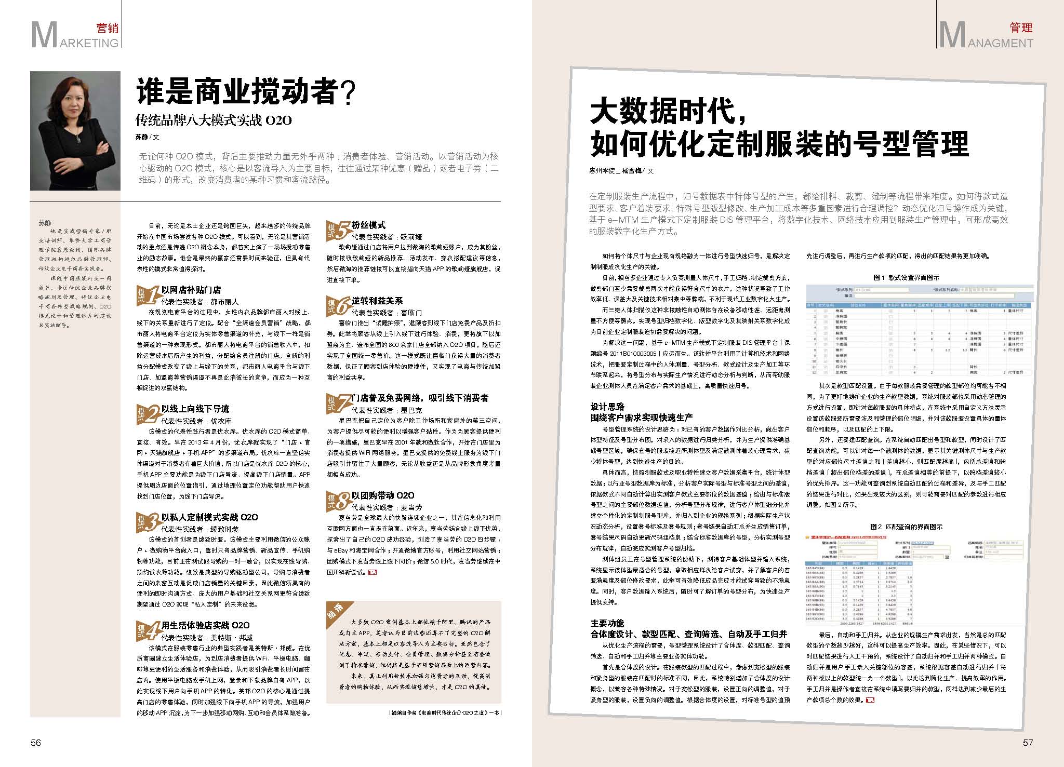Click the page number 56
35,742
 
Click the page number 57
1028,742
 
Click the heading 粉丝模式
368,225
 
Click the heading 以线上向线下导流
195,409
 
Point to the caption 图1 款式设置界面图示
906,278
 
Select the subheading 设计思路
607,407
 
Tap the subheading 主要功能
607,623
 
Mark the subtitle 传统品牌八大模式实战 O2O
214,121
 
